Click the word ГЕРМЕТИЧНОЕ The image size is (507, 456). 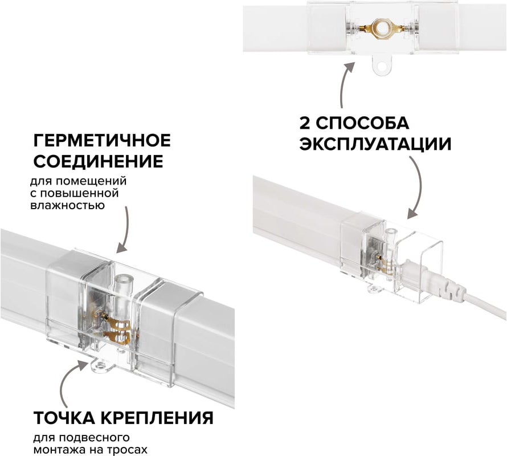[102, 140]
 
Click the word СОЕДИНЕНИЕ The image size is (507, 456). [99, 161]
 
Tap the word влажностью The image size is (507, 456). [68, 205]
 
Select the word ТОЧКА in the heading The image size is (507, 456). [65, 418]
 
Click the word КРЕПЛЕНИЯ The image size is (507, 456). [157, 418]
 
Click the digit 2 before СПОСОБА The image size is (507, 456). [305, 123]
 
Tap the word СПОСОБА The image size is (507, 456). [362, 123]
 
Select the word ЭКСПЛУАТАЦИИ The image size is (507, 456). [375, 144]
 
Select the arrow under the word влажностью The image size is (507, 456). [125, 230]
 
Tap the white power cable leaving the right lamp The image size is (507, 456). [485, 306]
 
